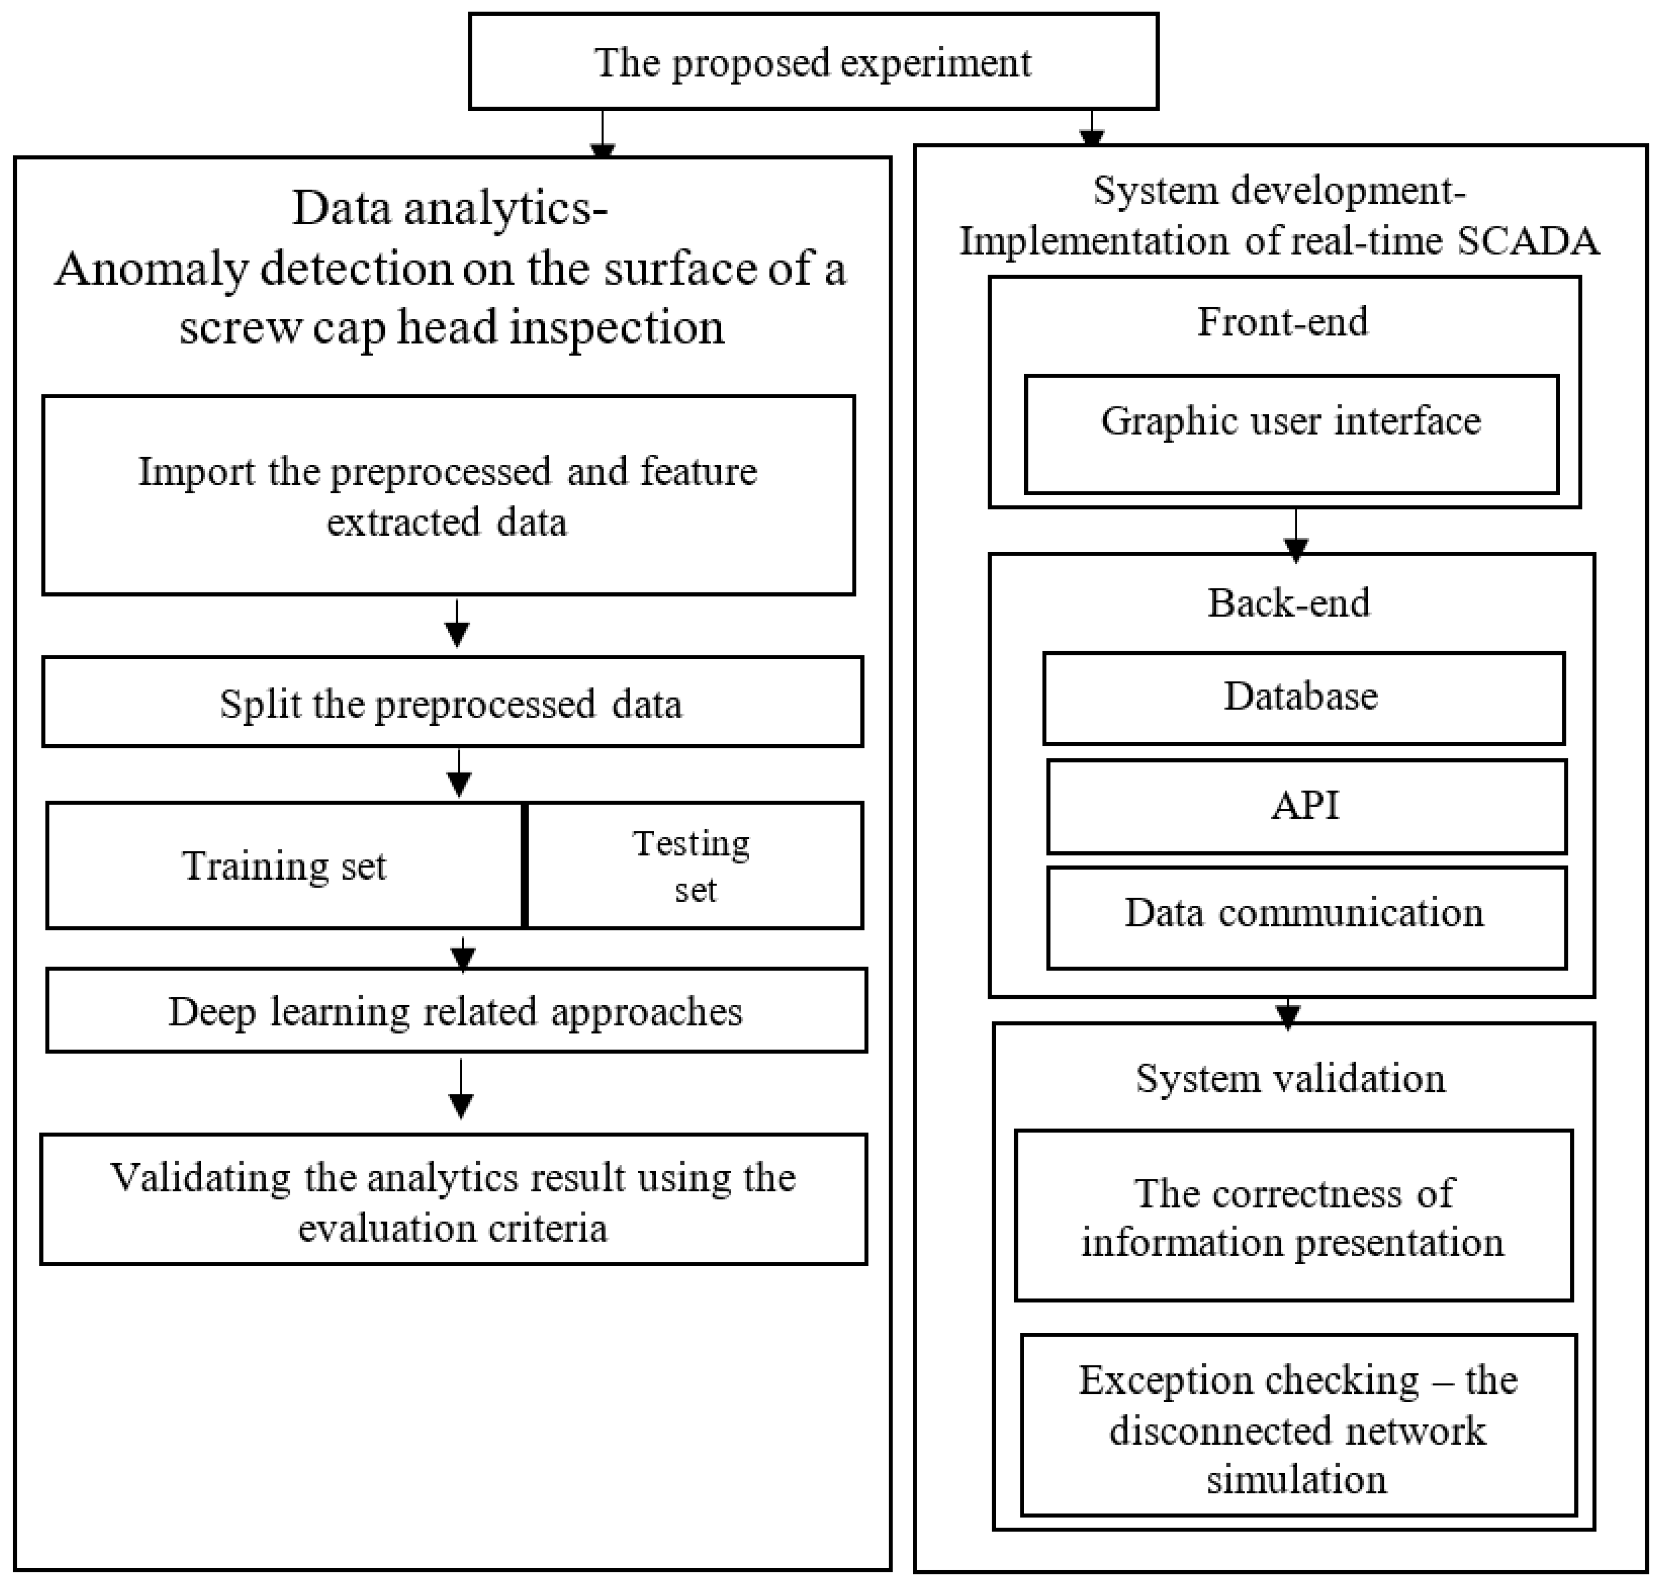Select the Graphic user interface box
click(1291, 434)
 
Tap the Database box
click(1302, 697)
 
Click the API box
click(1306, 806)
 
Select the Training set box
click(285, 865)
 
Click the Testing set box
click(693, 865)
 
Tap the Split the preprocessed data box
click(451, 702)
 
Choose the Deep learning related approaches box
click(456, 1010)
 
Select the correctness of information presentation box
click(1294, 1217)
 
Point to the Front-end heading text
click(1282, 322)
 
